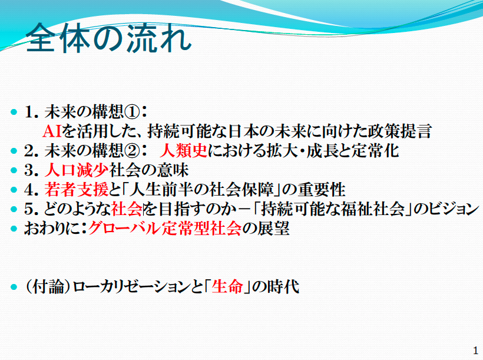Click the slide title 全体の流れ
click(x=109, y=38)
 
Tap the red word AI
click(x=52, y=131)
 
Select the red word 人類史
click(x=184, y=151)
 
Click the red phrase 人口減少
click(x=77, y=170)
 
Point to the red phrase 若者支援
click(x=77, y=190)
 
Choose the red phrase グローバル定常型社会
click(x=165, y=229)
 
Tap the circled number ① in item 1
click(x=132, y=112)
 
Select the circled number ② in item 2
click(x=132, y=151)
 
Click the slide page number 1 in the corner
click(x=475, y=351)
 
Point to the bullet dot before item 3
click(x=14, y=170)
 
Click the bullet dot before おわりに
click(x=14, y=229)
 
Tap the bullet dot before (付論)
click(x=14, y=287)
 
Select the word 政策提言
click(x=400, y=131)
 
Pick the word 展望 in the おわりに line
click(x=274, y=229)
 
